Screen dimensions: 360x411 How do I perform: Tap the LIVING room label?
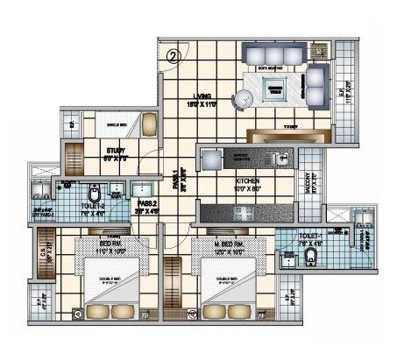(204, 101)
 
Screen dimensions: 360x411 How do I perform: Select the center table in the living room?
(275, 86)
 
